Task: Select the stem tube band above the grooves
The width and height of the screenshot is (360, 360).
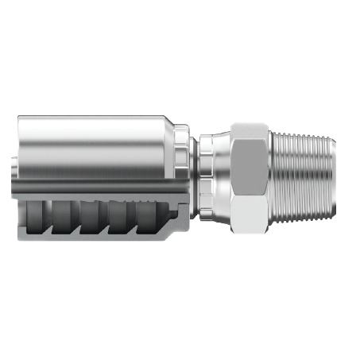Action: tap(95, 192)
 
